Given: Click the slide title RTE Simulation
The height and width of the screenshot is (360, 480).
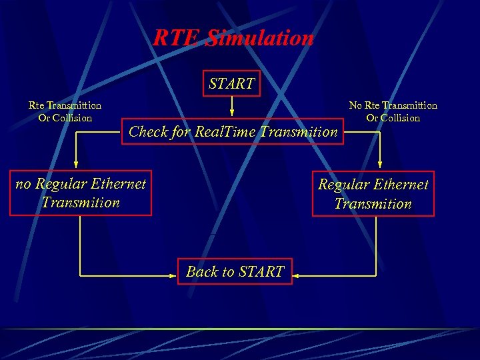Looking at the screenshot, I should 233,38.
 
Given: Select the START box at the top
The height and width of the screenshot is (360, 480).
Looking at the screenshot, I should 231,84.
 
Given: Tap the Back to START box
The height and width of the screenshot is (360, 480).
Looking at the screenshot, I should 235,271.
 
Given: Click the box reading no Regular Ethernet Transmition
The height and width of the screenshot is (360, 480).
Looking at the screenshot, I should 81,193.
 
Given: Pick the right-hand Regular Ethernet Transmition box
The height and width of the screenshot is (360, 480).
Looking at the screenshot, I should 373,194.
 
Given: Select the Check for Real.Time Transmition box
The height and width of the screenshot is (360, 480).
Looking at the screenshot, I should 233,132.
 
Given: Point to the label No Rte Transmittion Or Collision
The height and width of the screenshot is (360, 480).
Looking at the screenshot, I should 393,111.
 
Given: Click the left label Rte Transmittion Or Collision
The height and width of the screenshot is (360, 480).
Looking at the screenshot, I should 65,111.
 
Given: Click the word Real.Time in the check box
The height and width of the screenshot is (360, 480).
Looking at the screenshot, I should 225,132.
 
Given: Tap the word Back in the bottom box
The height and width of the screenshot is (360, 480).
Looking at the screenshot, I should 201,271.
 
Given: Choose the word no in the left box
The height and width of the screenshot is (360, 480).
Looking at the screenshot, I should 23,183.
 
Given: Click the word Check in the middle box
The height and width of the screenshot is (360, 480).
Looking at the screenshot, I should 148,132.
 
